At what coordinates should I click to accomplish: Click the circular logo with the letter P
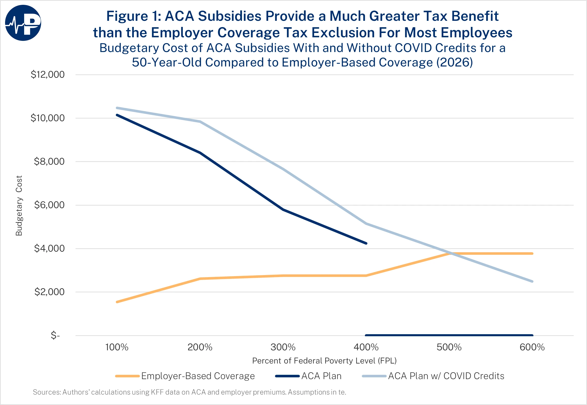tap(23, 23)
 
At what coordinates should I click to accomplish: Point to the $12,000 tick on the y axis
tap(47, 75)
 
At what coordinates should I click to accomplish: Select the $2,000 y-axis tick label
tap(49, 292)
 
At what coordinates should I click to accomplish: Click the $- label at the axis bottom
tap(55, 335)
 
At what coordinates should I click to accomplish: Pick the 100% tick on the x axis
tap(117, 347)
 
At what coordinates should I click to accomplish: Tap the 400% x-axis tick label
tap(366, 347)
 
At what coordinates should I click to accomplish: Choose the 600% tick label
tap(532, 347)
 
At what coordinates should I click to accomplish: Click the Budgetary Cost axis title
tap(19, 206)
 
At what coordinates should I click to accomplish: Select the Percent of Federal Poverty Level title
tap(324, 361)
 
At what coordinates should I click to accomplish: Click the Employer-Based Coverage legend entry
tap(198, 376)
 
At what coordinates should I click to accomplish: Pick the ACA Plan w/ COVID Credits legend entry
tap(446, 376)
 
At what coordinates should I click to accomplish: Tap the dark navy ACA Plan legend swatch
tap(287, 376)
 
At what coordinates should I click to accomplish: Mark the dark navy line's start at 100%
tap(117, 115)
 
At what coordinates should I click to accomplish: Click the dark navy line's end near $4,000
tap(366, 243)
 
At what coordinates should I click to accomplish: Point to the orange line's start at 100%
tap(117, 302)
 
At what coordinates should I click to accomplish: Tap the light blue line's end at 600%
tap(532, 281)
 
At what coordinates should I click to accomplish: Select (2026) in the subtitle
tap(454, 62)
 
